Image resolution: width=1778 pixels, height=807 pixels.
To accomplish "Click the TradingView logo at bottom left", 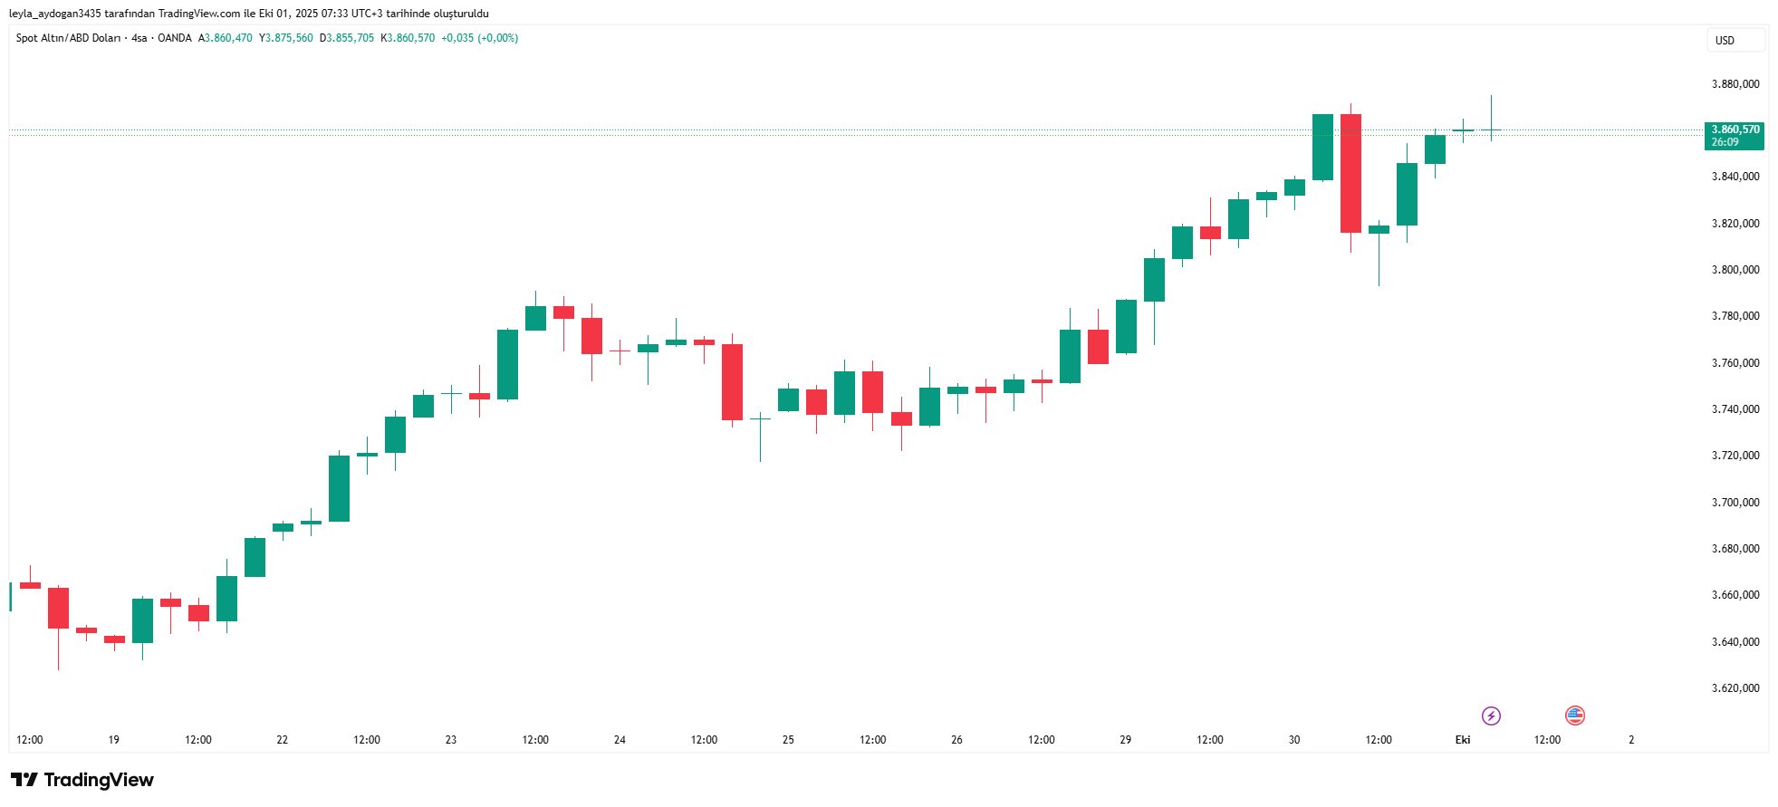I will (82, 780).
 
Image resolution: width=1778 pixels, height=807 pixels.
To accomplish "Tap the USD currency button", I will (1725, 41).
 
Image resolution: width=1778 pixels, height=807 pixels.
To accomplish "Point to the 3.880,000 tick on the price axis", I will (1735, 84).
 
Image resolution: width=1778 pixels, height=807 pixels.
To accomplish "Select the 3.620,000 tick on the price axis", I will (1735, 688).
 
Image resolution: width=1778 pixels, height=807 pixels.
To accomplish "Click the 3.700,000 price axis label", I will (1735, 503).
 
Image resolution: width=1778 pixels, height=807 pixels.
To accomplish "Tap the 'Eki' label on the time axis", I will (1462, 740).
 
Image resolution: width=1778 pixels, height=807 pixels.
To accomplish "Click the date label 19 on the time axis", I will (114, 740).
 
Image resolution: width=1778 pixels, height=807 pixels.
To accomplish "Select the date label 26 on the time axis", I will (956, 740).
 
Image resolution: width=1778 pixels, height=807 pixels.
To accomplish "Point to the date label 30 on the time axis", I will (1293, 740).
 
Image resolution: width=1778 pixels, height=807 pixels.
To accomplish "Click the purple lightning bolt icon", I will (1491, 716).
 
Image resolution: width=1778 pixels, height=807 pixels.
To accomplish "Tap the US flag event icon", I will (1575, 716).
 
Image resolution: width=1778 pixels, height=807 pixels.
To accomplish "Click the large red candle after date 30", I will (1350, 173).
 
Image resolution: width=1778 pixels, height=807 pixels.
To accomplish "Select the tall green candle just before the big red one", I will (1322, 147).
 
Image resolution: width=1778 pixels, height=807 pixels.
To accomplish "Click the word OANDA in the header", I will (175, 38).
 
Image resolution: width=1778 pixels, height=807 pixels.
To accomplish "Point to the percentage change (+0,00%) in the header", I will (498, 38).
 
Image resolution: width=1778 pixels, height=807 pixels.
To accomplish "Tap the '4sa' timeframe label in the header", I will (139, 38).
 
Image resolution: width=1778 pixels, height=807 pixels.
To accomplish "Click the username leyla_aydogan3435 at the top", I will (54, 14).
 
